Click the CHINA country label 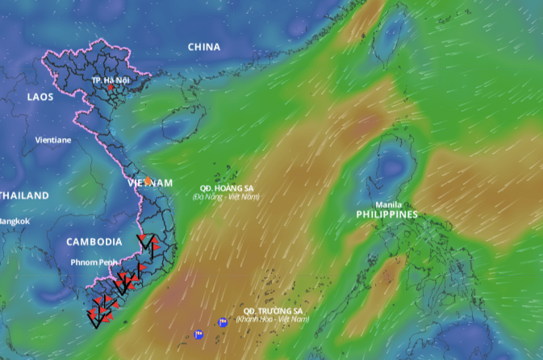tap(203, 47)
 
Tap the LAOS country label tap(40, 97)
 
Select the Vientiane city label tap(52, 140)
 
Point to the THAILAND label tap(23, 195)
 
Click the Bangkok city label tap(14, 221)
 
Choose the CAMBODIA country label tap(94, 241)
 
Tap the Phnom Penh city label tap(95, 262)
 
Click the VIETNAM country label tap(150, 183)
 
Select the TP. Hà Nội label tap(111, 80)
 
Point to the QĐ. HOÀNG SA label tap(227, 188)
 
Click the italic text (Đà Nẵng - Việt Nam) tap(227, 197)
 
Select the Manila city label tap(389, 204)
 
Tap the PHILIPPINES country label tap(387, 215)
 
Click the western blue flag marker tap(198, 333)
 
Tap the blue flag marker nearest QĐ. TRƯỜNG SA tap(223, 322)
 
